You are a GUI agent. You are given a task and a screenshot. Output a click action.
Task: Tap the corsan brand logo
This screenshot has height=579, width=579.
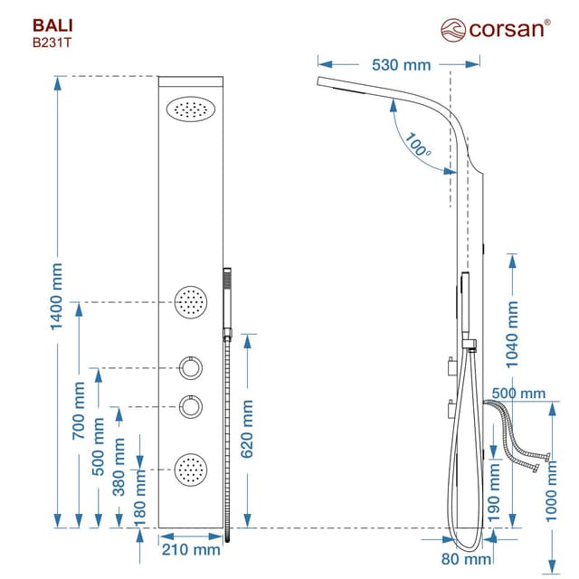tap(494, 28)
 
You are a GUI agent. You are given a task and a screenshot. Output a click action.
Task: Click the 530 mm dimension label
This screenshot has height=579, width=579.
tap(402, 64)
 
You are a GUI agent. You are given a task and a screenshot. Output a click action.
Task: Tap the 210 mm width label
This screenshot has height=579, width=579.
tap(191, 548)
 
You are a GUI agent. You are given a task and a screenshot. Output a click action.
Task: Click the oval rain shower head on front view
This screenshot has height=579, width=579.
tap(190, 109)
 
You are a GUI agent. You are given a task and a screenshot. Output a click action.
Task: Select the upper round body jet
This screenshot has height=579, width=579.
tap(191, 299)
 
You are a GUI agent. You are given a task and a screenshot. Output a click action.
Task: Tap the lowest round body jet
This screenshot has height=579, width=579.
tap(191, 467)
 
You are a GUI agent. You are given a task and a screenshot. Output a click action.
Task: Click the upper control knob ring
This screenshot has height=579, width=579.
tap(191, 368)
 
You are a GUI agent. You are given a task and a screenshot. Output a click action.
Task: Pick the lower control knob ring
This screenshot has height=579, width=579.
tap(191, 406)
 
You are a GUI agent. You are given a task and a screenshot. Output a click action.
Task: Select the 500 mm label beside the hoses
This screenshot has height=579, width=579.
tap(519, 393)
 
